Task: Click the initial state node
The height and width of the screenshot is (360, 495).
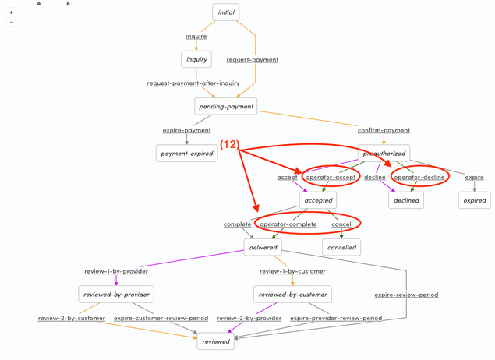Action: [x=226, y=12]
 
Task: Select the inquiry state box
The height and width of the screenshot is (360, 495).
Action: [x=196, y=59]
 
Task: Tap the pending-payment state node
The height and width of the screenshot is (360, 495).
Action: [x=225, y=106]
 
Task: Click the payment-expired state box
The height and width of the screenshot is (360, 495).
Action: [x=186, y=154]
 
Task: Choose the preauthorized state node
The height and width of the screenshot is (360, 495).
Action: [x=384, y=154]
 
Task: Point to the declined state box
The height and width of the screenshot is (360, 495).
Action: [x=406, y=200]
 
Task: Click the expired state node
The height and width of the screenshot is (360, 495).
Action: [x=474, y=200]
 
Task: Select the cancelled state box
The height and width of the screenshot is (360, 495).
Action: [x=341, y=247]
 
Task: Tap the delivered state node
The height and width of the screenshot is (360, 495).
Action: [x=263, y=247]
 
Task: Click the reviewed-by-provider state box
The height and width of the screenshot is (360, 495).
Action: [x=115, y=295]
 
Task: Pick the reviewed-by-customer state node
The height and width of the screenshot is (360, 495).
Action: [x=292, y=295]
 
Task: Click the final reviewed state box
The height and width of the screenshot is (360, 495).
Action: [x=216, y=341]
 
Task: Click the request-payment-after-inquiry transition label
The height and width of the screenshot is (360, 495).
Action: [x=193, y=83]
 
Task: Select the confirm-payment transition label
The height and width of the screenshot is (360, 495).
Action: [x=384, y=130]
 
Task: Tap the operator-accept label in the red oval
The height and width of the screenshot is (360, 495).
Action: [x=331, y=177]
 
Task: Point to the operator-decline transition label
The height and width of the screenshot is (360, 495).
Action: [x=419, y=177]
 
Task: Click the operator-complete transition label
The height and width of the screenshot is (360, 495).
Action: [x=288, y=224]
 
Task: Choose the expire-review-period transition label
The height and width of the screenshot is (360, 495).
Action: [x=406, y=295]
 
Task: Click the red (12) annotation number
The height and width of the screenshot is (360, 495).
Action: [x=229, y=145]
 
